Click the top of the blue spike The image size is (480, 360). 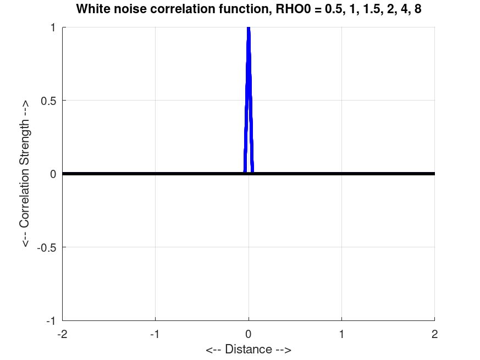(x=249, y=29)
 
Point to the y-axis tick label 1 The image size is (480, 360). (x=53, y=27)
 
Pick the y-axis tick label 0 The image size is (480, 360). (x=53, y=174)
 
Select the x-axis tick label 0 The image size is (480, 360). (x=249, y=334)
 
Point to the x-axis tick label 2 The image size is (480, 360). (x=435, y=334)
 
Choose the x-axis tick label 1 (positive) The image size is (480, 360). (x=342, y=334)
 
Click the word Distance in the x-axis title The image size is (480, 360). (x=248, y=350)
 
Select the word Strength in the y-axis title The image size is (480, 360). (x=25, y=142)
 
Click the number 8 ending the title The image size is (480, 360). (x=418, y=9)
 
